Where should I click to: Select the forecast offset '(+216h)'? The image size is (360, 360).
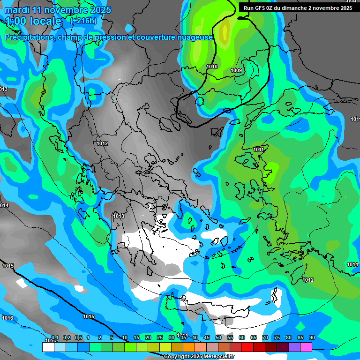coord(83,21)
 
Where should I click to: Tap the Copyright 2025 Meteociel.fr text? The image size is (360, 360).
coord(199,356)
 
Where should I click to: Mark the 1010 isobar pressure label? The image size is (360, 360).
coord(212,67)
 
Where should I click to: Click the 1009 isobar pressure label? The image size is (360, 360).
coord(236,71)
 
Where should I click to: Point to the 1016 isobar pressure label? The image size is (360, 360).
coord(7,318)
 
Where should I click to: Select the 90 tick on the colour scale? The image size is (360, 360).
coord(312,337)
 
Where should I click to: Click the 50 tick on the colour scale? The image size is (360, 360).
coord(218,337)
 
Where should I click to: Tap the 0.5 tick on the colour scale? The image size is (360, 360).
coord(78,337)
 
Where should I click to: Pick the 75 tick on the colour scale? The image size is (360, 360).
coord(277,337)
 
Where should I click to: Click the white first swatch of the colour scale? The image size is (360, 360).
coord(48,346)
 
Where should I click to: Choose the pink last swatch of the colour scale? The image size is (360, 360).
coord(306,346)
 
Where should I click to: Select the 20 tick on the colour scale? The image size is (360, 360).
coord(148,337)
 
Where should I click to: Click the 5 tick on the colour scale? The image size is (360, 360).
coord(112,337)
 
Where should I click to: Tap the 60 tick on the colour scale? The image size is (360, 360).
coord(242,337)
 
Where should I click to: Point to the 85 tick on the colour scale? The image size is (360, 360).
coord(300,337)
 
